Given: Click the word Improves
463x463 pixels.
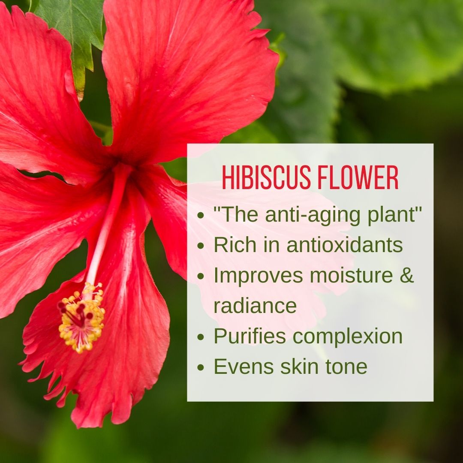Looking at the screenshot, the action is (x=259, y=276).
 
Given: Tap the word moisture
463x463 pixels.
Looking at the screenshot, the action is (x=351, y=275).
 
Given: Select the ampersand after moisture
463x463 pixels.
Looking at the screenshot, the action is (x=406, y=275).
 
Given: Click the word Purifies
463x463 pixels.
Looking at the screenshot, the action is (x=250, y=337).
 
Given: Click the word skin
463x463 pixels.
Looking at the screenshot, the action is (x=299, y=367).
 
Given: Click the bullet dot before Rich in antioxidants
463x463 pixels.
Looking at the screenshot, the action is (x=201, y=245).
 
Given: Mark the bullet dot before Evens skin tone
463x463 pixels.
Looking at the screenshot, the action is (x=201, y=367).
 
